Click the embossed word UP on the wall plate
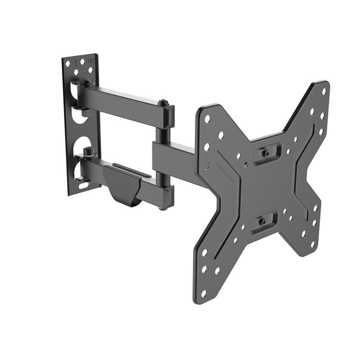tap(90, 62)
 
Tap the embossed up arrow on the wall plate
tap(76, 62)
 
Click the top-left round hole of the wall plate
tap(68, 62)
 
